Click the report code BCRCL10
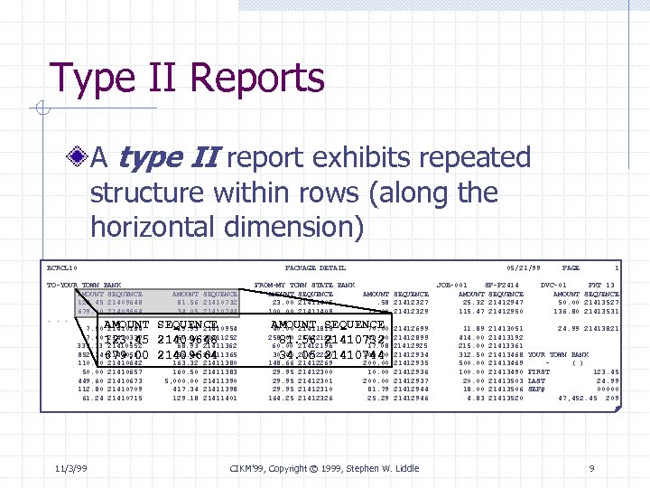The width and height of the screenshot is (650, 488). pos(63,267)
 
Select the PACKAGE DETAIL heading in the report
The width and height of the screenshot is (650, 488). pos(315,267)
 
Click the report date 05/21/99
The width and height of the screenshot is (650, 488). pos(524,267)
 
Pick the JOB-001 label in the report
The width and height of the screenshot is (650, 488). pos(450,286)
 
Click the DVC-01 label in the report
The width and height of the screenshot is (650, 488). pos(552,286)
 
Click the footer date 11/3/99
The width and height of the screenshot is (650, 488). pos(70,467)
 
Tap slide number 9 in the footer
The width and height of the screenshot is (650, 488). pos(590,467)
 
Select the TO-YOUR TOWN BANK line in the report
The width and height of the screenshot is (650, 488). pos(85,286)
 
